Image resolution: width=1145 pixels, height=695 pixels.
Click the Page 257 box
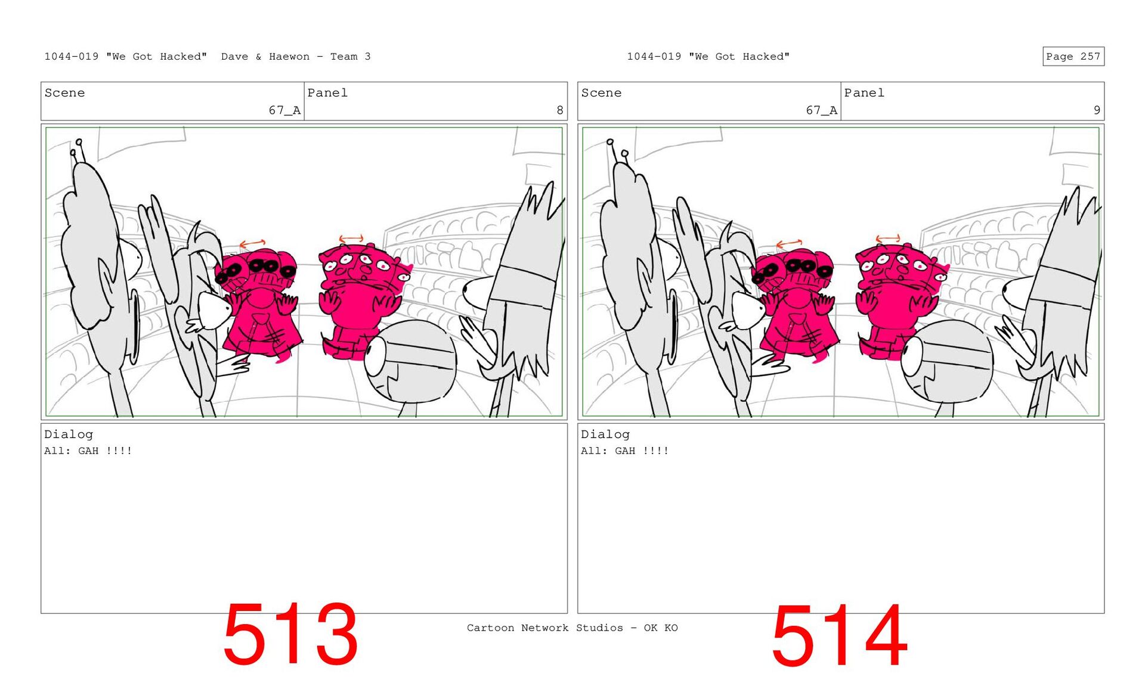click(1073, 56)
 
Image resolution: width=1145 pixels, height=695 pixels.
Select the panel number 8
click(559, 110)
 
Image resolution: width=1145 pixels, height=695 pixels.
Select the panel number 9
click(1096, 110)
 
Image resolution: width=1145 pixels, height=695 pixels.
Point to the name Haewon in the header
click(289, 57)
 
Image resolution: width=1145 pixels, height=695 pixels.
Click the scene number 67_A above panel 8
click(284, 110)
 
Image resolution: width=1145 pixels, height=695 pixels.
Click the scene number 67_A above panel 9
click(821, 110)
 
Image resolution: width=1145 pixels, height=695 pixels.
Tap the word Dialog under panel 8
click(69, 435)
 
